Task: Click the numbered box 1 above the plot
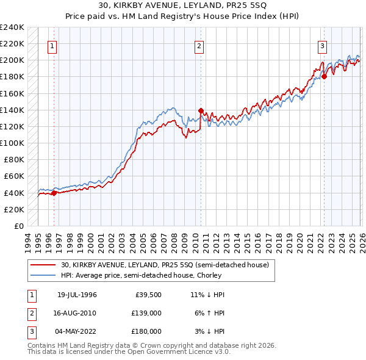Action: [x=53, y=46]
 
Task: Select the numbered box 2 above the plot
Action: [x=199, y=46]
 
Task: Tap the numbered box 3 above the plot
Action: [x=322, y=46]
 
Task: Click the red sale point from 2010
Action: [x=200, y=111]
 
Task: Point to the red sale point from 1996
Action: [x=54, y=193]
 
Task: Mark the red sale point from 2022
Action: [x=324, y=77]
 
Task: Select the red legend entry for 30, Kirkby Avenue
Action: [x=160, y=265]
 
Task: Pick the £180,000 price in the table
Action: [x=146, y=331]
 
